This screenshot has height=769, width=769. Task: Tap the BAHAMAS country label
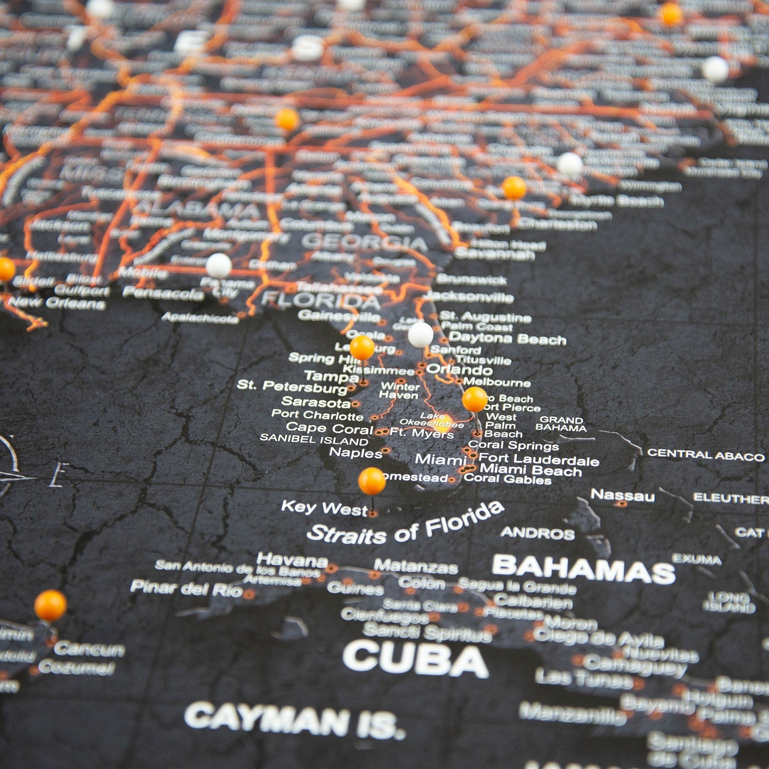pos(583,569)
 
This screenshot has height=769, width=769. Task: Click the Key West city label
pos(324,508)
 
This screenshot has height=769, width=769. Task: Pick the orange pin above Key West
pos(371,481)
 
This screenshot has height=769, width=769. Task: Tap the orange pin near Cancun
pos(51,605)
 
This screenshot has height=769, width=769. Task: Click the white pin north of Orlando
pos(420,334)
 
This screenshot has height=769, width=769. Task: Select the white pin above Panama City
pos(219,265)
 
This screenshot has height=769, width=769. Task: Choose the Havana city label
pos(292,560)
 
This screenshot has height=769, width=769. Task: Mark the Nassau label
pos(622,495)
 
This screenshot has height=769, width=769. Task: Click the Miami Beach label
pos(531,470)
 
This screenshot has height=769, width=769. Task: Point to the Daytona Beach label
pos(507,338)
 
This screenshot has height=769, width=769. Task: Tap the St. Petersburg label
pos(292,386)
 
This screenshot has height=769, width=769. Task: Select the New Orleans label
pos(56,303)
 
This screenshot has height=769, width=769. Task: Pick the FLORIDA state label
pos(321,301)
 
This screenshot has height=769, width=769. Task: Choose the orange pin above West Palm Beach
pos(474,399)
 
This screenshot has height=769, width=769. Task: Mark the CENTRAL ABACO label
pos(705,455)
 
